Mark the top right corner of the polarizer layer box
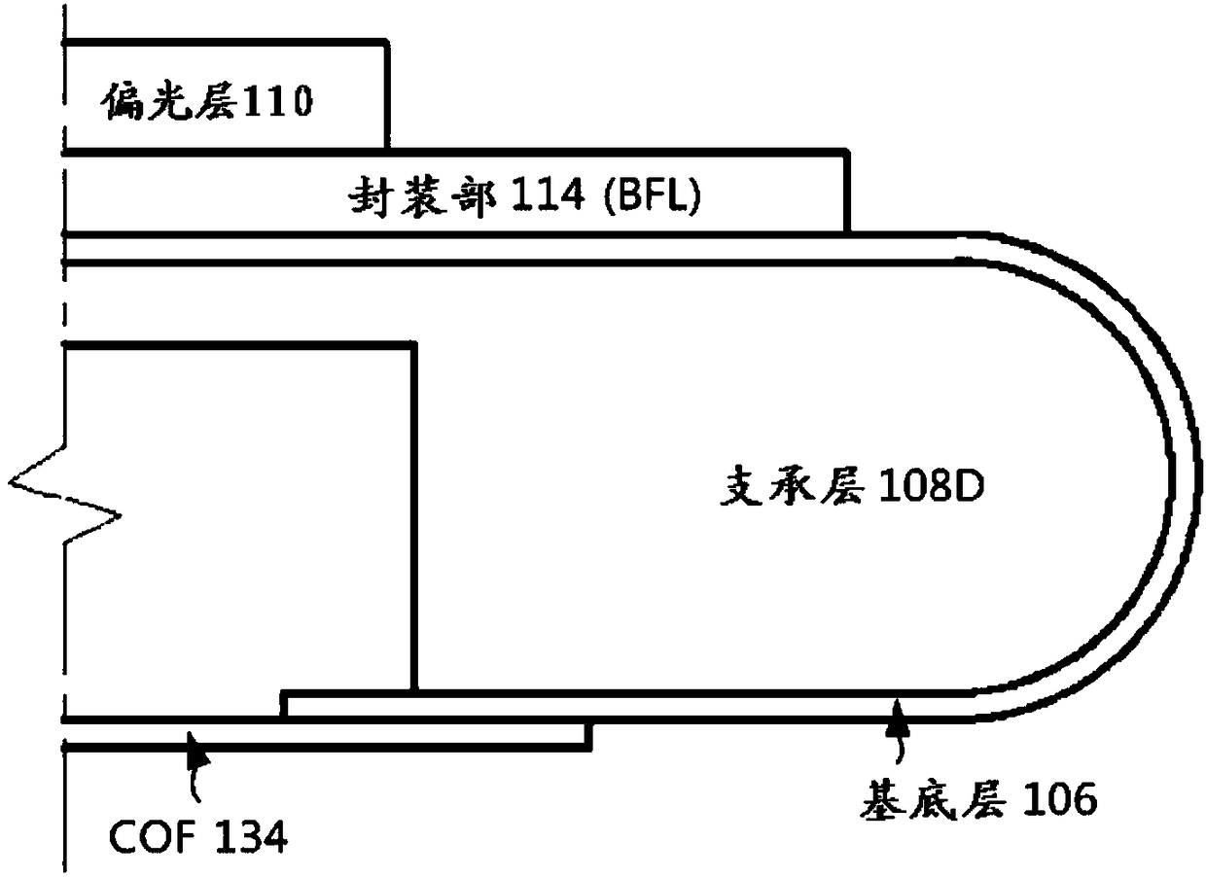pos(387,42)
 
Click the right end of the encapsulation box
pos(848,192)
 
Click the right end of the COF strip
pos(589,736)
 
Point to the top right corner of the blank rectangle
pos(414,345)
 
